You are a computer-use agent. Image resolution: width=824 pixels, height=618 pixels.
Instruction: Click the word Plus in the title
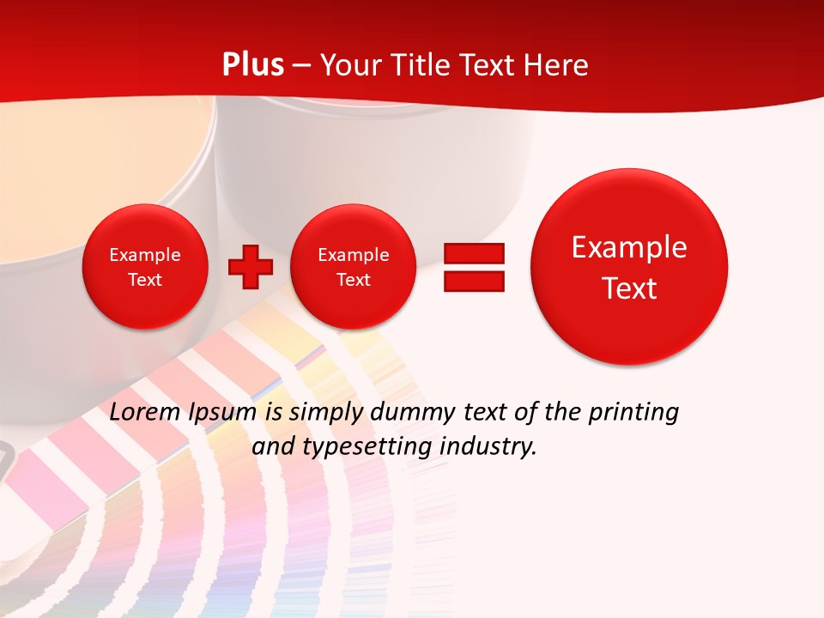(x=253, y=65)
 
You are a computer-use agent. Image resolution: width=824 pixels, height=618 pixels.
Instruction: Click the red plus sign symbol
(x=251, y=267)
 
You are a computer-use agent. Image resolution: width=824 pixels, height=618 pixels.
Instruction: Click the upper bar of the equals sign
(x=474, y=253)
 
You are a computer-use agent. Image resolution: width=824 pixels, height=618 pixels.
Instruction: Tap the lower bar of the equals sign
(x=474, y=281)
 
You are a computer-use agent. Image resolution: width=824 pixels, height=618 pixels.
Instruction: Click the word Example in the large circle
(x=629, y=247)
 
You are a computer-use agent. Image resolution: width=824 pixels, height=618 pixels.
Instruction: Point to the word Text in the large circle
(x=629, y=288)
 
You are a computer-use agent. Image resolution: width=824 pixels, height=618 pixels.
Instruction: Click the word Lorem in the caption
(x=145, y=412)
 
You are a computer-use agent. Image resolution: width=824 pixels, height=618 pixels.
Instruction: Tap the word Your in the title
(x=348, y=65)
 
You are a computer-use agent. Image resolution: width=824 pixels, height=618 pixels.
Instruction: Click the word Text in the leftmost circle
(x=144, y=280)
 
